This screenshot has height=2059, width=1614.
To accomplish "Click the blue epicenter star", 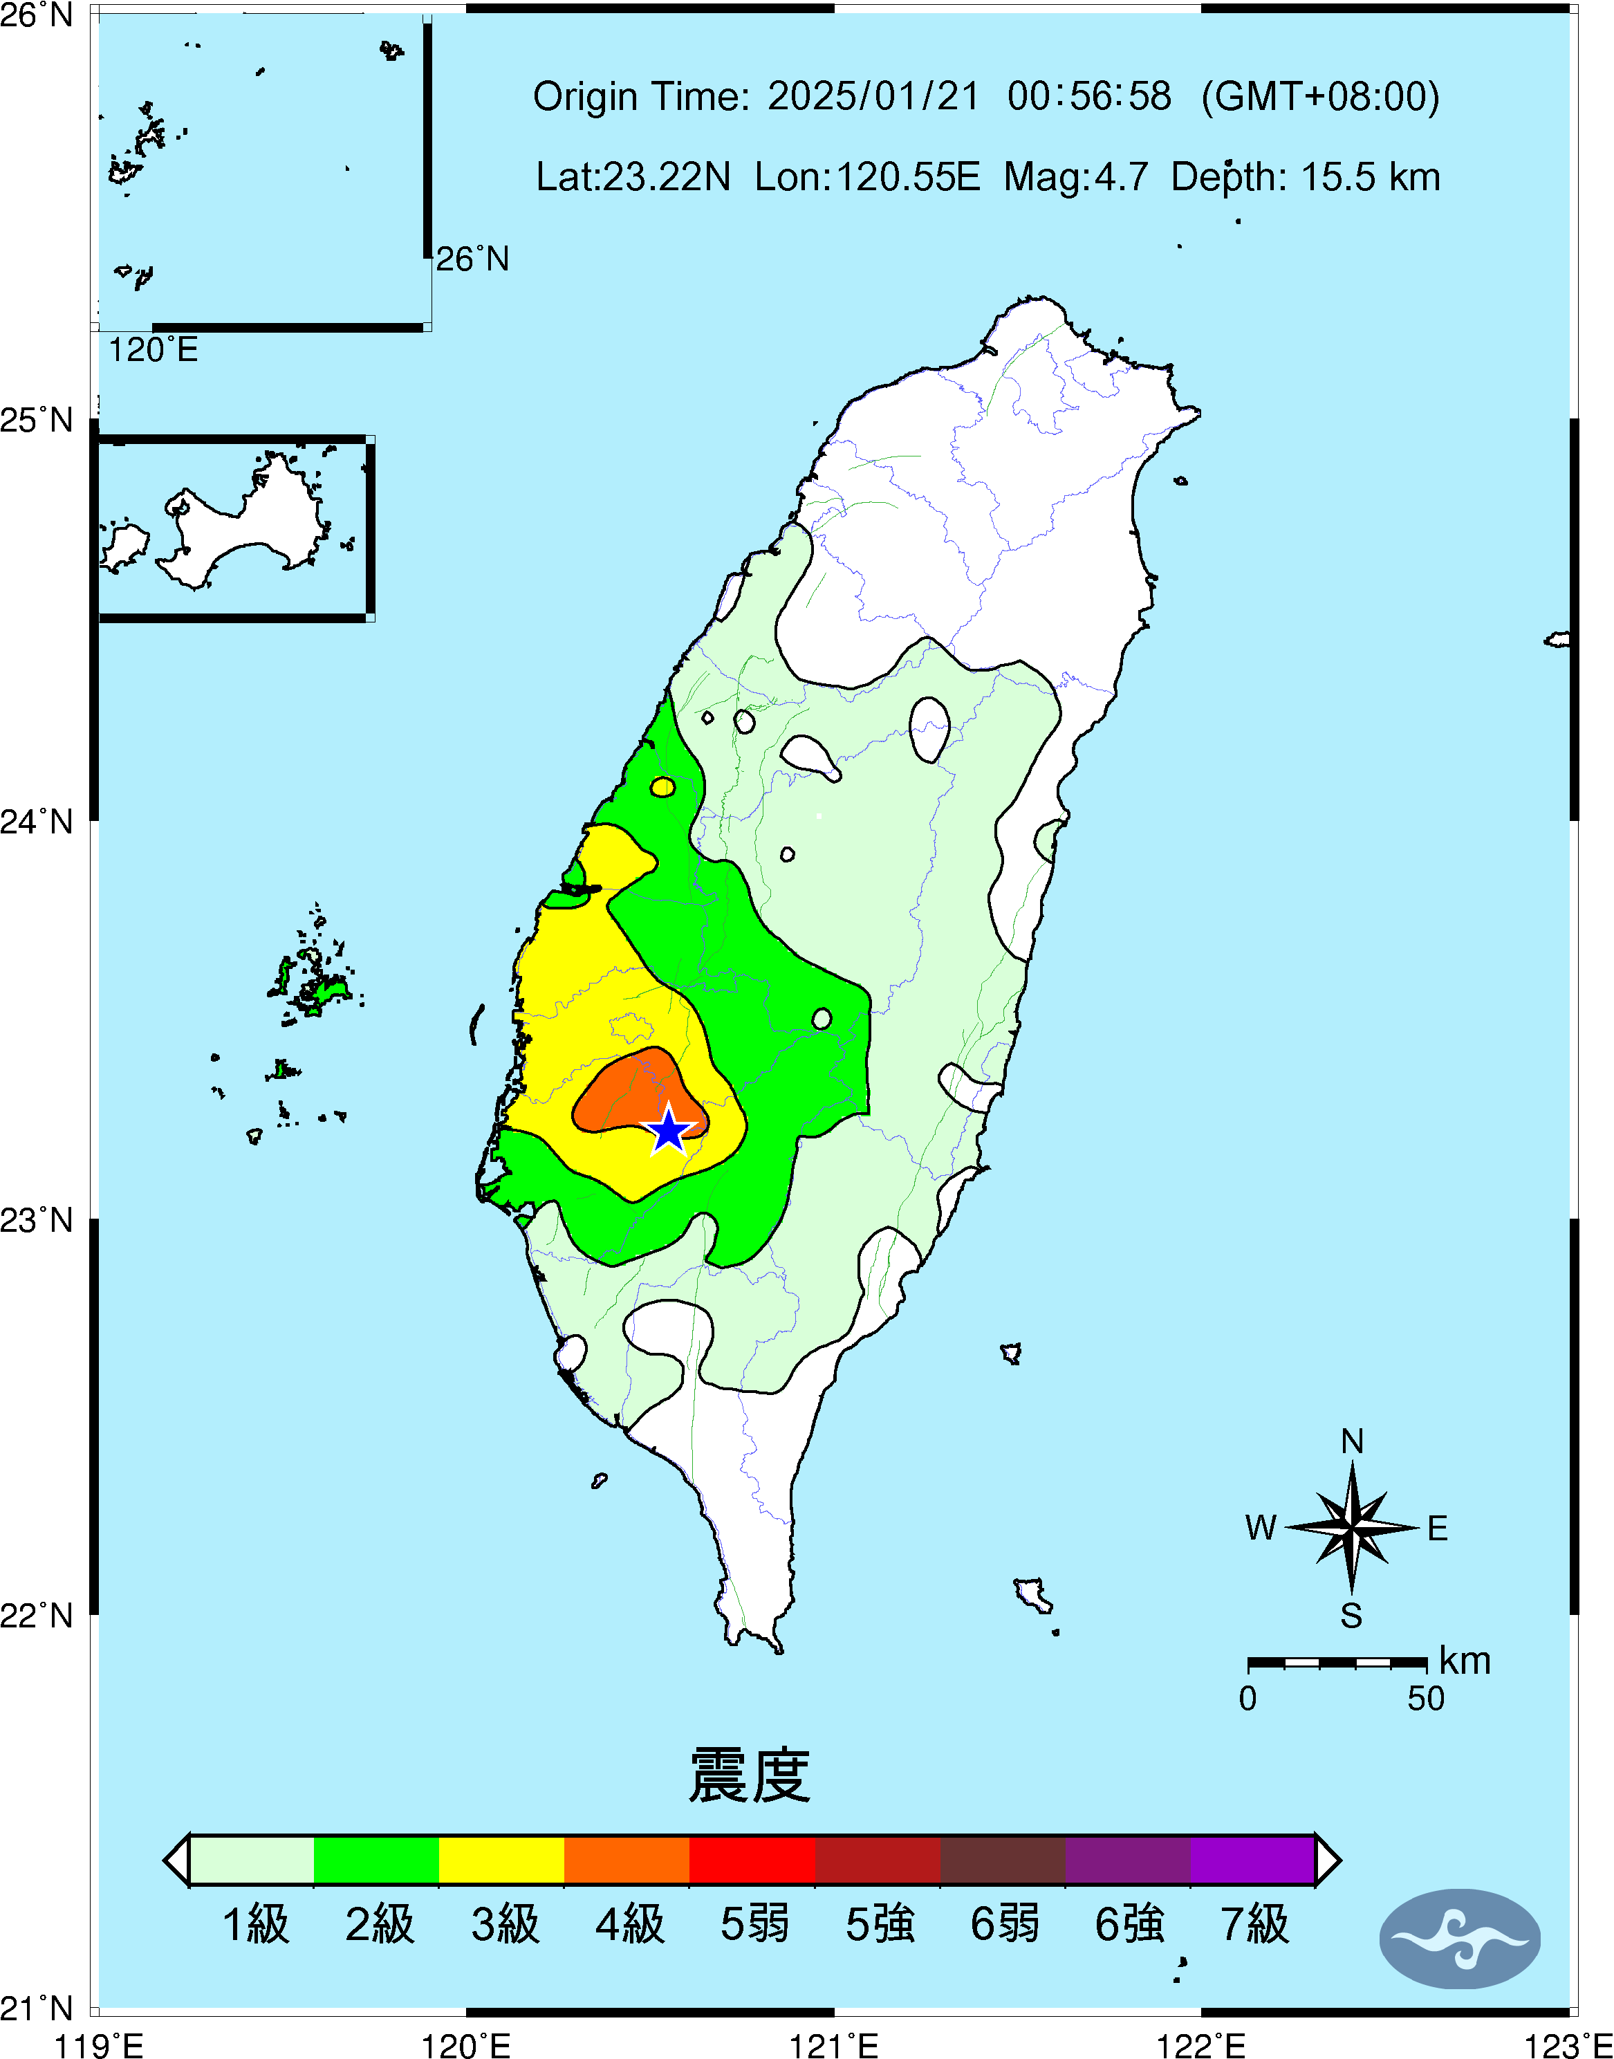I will (669, 1130).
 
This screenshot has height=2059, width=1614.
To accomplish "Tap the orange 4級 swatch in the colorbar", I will (627, 1860).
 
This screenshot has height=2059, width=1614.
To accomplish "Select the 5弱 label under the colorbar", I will (754, 1924).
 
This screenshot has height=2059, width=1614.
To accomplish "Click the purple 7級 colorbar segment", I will (1252, 1860).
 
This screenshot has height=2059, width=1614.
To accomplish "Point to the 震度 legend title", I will (750, 1775).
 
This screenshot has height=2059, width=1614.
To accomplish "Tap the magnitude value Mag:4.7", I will (1075, 176).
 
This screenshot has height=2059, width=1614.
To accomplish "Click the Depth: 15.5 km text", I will (1305, 176).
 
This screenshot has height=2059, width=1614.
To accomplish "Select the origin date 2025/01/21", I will (873, 96).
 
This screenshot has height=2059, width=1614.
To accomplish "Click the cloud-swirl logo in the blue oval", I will (1460, 1939).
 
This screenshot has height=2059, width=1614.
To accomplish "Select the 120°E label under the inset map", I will (153, 351).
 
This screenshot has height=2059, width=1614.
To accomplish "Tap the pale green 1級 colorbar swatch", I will (252, 1860).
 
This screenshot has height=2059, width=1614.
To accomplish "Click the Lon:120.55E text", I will (867, 176).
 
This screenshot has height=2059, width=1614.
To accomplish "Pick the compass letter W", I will (1261, 1527).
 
